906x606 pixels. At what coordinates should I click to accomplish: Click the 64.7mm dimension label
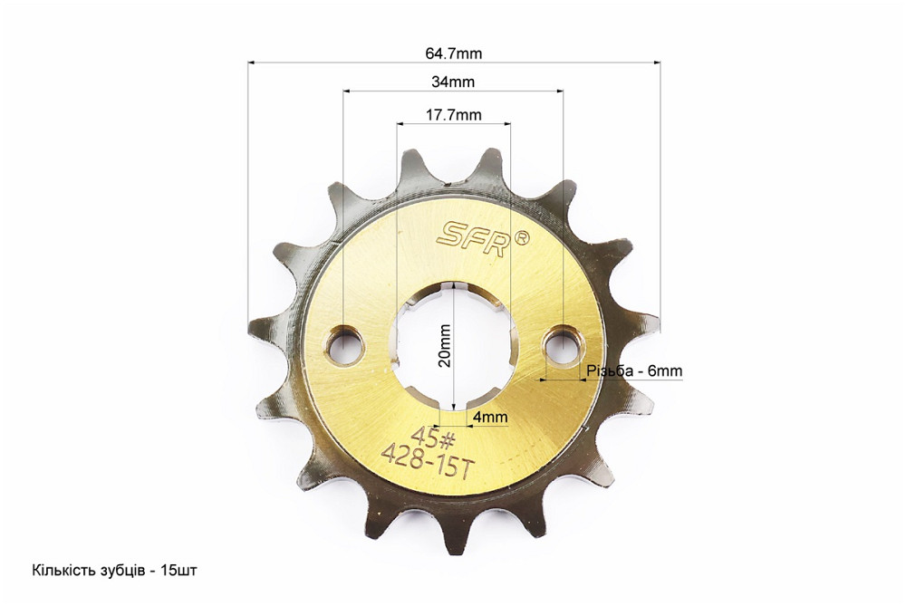coord(454,53)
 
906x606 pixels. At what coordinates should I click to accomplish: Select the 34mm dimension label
coord(453,82)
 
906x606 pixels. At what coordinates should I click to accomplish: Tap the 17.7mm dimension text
coord(454,115)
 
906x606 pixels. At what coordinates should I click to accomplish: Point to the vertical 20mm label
coord(444,345)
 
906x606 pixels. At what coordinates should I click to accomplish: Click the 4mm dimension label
coord(490,417)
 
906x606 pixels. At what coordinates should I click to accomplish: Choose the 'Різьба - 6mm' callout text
coord(634,370)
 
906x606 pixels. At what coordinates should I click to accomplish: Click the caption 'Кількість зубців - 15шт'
coord(114,571)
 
